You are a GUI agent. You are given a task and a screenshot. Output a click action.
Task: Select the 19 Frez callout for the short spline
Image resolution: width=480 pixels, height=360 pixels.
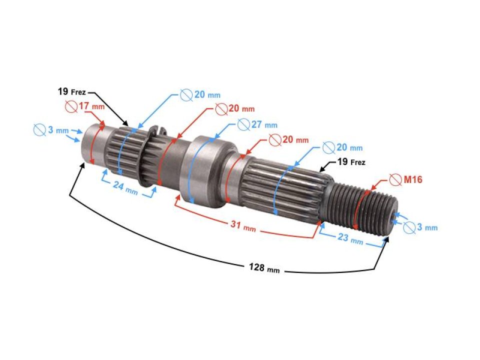click(71, 91)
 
